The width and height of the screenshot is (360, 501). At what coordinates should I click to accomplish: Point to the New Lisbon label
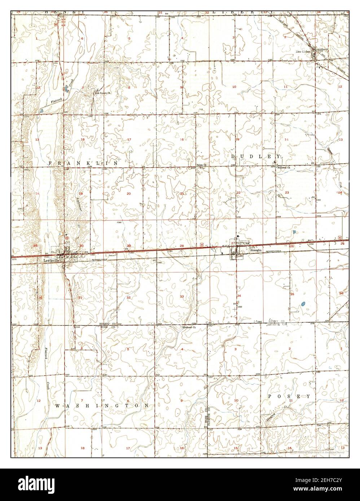click(x=303, y=52)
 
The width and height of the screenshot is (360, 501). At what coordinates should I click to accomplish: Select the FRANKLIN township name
click(x=83, y=163)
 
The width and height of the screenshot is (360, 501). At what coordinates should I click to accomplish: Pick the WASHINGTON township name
click(x=102, y=405)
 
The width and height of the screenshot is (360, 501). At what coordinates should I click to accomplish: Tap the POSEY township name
click(x=289, y=396)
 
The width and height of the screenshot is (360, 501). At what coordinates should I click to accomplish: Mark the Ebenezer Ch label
click(x=189, y=328)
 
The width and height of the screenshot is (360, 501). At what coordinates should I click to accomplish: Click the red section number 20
click(x=128, y=194)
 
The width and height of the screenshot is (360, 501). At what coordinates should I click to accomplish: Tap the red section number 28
click(x=181, y=246)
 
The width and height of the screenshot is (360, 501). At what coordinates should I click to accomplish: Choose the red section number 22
click(x=238, y=193)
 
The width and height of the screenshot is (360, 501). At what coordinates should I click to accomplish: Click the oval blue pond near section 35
click(x=303, y=304)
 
